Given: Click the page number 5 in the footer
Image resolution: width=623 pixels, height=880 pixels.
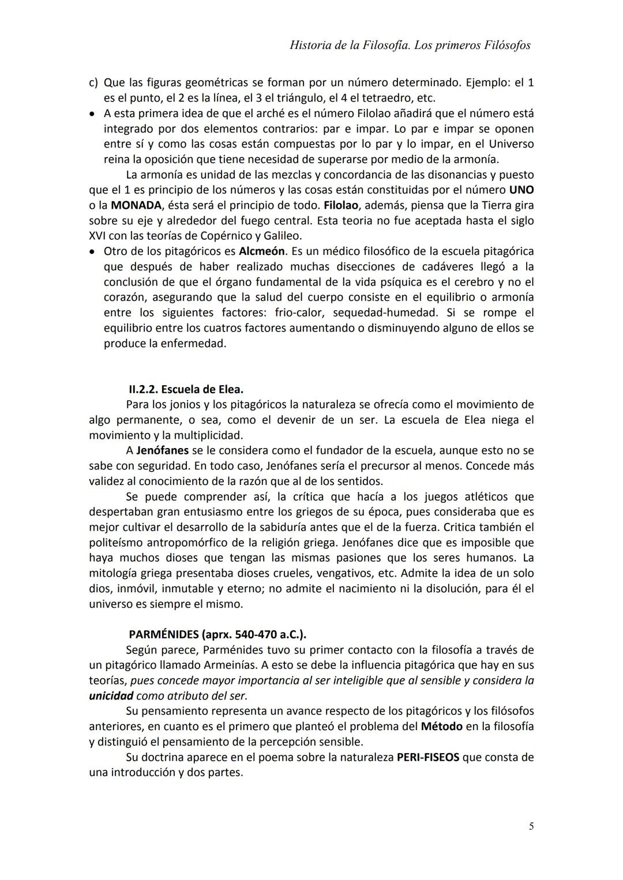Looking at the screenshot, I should coord(531,826).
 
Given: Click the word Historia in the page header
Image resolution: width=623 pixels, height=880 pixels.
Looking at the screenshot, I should coord(310,45).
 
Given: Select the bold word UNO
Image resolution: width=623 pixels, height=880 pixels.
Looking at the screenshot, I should coord(521,190).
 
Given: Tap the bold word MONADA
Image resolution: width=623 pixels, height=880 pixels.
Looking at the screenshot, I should coord(136,205).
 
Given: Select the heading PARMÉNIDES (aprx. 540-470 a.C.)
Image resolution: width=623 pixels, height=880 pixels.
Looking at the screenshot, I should coord(217,634).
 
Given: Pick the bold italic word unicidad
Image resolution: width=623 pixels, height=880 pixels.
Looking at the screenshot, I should coord(111,695).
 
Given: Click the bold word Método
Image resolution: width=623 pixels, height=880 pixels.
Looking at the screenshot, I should coord(441,726).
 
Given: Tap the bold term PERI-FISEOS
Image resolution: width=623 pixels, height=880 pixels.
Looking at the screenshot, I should coord(428,757).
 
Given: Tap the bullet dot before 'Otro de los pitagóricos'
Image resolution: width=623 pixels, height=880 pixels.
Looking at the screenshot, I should coord(92,252).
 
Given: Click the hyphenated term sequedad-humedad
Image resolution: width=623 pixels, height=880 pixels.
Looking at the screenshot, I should coord(385,313).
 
